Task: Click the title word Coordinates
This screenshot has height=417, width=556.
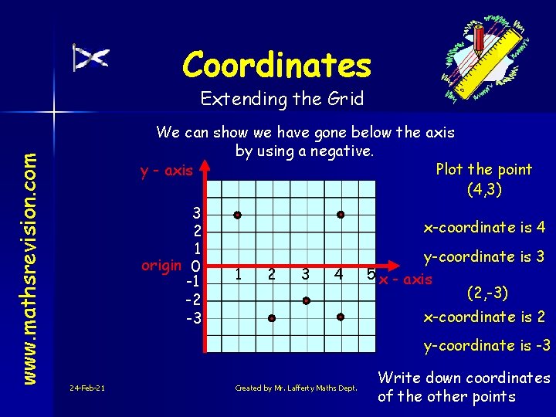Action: click(x=277, y=65)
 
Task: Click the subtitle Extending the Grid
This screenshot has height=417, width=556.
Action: click(x=282, y=99)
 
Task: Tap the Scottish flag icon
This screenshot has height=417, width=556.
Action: click(x=90, y=58)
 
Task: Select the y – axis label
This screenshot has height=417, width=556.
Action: click(x=166, y=171)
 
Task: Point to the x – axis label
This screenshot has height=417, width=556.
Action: click(x=405, y=280)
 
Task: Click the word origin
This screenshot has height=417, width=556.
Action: click(x=161, y=265)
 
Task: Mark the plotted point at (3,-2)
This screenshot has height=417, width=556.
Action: click(x=307, y=300)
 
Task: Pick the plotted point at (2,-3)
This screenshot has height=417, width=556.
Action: click(x=272, y=317)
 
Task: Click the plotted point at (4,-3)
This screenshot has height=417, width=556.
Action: click(x=341, y=317)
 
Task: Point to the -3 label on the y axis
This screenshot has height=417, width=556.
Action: click(x=193, y=318)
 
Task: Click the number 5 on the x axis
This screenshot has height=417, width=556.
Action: click(x=371, y=273)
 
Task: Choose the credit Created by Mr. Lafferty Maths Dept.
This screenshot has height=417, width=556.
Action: click(x=296, y=388)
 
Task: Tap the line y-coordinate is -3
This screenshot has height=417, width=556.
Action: click(x=487, y=345)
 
